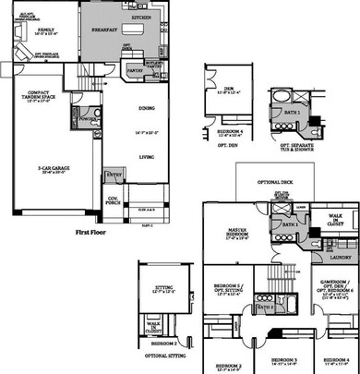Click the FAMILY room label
(x=43, y=30)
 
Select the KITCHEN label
(x=142, y=18)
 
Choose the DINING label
(x=147, y=109)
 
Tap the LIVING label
(x=147, y=157)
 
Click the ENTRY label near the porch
(x=115, y=174)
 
